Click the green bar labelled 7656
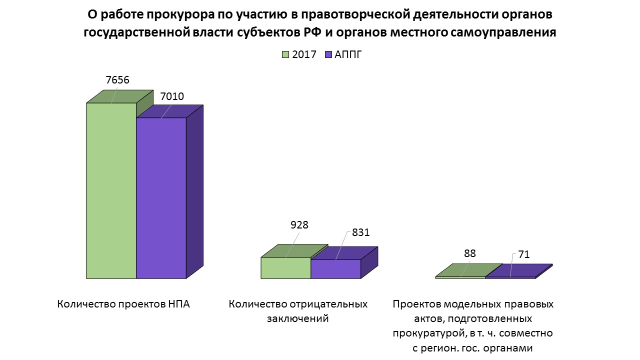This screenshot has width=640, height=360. click(111, 190)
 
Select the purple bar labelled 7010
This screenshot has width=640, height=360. click(161, 197)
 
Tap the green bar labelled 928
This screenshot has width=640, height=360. click(285, 267)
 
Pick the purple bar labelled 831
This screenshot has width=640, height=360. click(335, 268)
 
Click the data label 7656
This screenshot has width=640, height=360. click(118, 80)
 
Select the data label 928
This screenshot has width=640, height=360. click(299, 224)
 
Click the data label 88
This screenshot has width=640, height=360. click(469, 253)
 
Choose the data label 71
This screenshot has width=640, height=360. click(523, 255)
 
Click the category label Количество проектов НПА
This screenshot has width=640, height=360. click(124, 304)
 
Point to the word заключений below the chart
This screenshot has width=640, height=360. click(298, 318)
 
